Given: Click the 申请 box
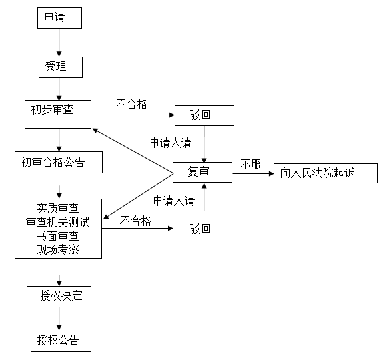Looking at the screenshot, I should pos(59,18).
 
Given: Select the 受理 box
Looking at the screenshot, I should pos(59,67).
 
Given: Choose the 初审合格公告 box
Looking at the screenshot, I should pos(59,162).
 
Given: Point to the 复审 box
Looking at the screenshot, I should pos(203,172).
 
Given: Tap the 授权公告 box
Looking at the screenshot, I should pos(59,341).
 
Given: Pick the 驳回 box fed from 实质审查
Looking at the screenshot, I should pos(204,229).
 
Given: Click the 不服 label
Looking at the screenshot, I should pos(251,164).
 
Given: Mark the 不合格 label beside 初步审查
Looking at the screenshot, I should pos(132,104).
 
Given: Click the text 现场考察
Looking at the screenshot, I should pos(58,250).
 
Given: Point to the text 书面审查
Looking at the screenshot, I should pos(58,235).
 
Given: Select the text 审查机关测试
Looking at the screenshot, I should pos(58,221).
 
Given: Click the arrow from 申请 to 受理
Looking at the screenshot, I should pos(59,43).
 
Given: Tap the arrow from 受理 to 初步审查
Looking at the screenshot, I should pos(59,89).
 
